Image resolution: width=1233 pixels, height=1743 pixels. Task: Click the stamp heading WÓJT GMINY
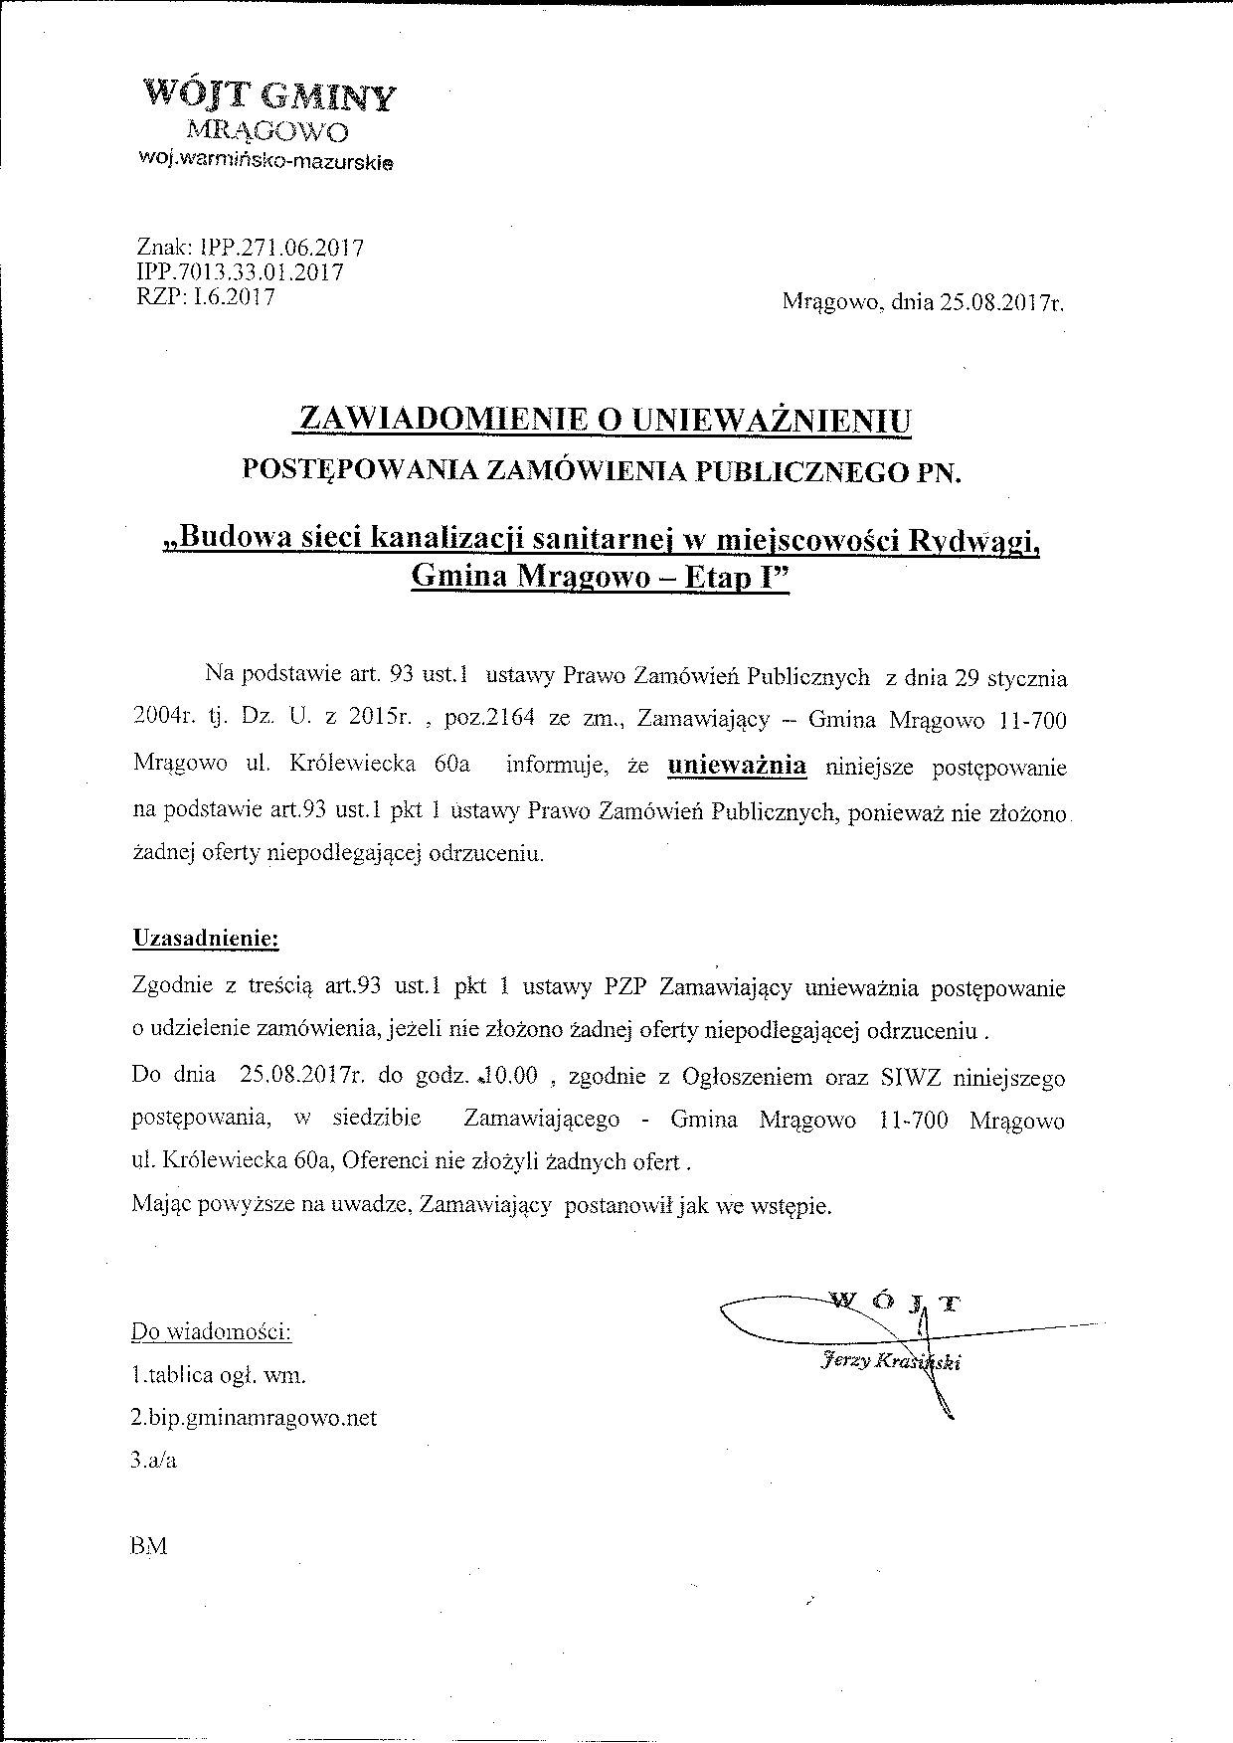[270, 96]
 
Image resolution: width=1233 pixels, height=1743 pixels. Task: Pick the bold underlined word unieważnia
[737, 766]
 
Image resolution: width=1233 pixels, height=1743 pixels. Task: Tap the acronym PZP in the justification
[626, 988]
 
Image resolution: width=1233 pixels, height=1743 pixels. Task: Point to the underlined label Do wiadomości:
[211, 1331]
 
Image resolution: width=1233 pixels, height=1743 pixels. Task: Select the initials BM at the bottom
[148, 1546]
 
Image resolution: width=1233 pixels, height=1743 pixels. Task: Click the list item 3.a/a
[153, 1461]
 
